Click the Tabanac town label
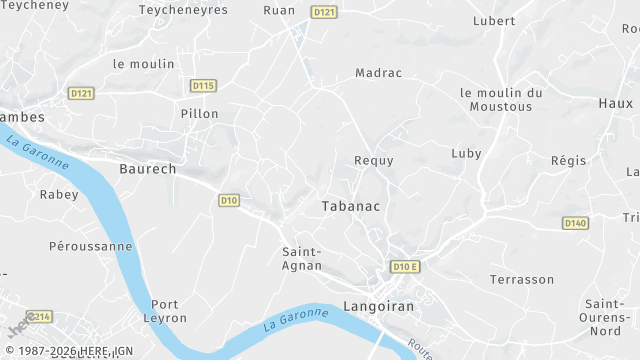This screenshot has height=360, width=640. coord(352,206)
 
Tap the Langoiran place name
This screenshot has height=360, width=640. coord(379,306)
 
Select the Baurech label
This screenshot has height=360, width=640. coord(147,169)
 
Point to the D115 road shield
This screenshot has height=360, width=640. coord(203,86)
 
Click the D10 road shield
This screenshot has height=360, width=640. coord(229,201)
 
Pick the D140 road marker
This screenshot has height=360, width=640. coord(575,223)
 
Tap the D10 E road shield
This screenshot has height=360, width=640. coord(404,267)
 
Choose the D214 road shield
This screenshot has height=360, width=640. coord(39,317)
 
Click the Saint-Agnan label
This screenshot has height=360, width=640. coord(301,259)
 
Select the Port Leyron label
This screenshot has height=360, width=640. coord(168,311)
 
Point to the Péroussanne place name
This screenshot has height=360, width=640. coord(90,246)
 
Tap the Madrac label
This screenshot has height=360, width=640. coord(378,73)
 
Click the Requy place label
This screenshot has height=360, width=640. coord(374,160)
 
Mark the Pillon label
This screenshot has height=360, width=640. coord(199,114)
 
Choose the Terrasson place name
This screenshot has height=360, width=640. coord(521,280)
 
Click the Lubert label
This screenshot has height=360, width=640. coord(494,21)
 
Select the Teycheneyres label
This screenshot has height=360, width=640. coord(183,10)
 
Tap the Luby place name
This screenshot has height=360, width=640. coord(466,154)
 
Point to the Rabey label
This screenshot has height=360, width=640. coord(58,195)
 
